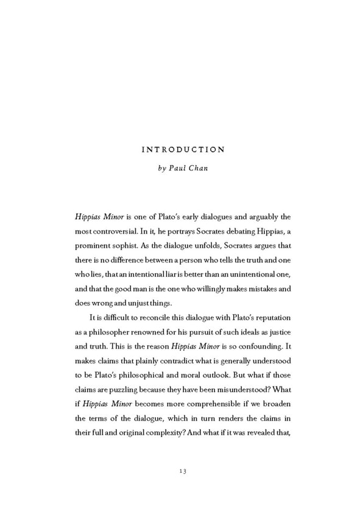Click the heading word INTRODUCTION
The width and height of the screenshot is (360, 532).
click(x=183, y=149)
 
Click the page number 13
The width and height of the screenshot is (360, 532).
click(x=183, y=471)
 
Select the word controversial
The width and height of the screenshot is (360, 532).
click(x=115, y=232)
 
